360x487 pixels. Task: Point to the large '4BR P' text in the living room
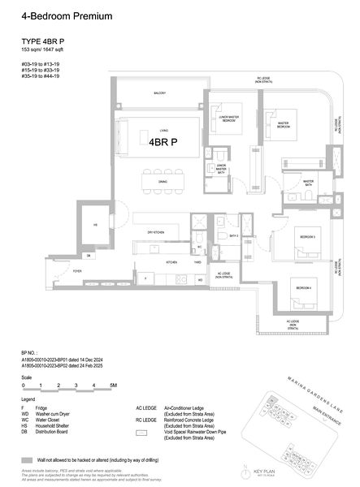click(163, 140)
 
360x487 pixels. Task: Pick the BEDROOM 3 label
click(306, 236)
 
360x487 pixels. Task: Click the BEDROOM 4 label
click(302, 288)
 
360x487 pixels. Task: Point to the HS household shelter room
click(94, 225)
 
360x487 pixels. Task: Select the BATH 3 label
click(232, 236)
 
